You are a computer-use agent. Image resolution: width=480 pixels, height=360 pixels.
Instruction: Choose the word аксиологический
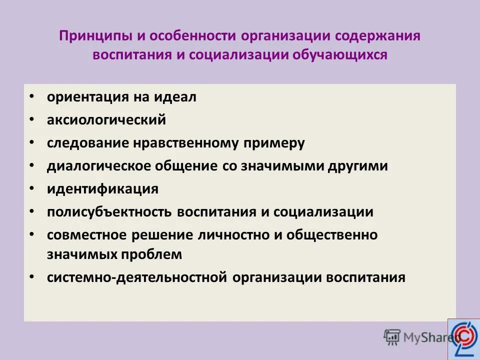click(x=106, y=120)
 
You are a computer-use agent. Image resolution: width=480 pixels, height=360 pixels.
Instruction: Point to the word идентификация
click(x=102, y=189)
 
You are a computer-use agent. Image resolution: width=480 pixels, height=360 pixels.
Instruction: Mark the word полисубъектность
click(x=109, y=211)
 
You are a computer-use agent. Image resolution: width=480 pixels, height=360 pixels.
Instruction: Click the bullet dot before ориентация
click(x=32, y=96)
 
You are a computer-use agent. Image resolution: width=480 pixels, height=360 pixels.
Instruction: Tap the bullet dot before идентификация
click(x=32, y=188)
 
